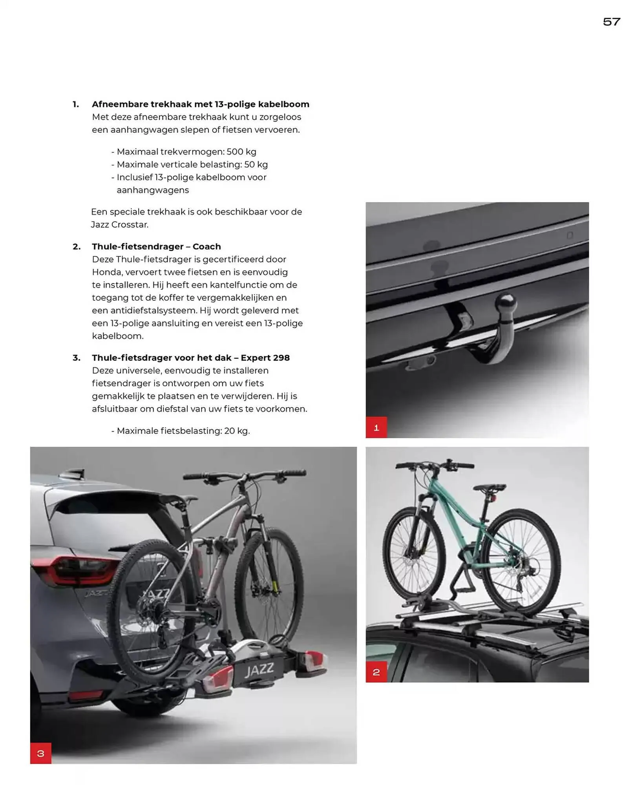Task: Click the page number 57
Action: [611, 22]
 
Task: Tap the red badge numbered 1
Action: [376, 427]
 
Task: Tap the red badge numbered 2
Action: [376, 672]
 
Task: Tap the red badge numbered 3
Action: [40, 753]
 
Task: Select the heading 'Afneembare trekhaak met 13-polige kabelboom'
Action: [200, 104]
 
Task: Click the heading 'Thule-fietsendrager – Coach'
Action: [156, 246]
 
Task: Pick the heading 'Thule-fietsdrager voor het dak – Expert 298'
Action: [191, 358]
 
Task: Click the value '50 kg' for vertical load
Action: [256, 164]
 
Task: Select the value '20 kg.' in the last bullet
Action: [237, 431]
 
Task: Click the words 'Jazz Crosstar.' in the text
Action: [120, 225]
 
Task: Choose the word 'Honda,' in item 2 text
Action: [107, 272]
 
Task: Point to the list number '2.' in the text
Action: [77, 246]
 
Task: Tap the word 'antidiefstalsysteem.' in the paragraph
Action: [153, 310]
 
